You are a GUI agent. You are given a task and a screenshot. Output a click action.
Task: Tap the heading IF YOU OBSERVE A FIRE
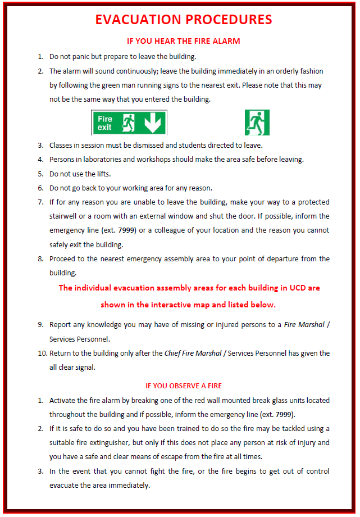(184, 386)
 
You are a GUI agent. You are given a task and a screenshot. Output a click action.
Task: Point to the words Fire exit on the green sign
(105, 123)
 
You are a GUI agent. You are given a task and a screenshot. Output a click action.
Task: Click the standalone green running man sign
(257, 123)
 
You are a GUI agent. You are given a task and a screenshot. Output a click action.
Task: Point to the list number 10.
(42, 353)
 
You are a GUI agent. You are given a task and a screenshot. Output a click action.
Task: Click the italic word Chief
(173, 353)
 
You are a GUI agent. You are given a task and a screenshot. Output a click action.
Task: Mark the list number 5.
(41, 174)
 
